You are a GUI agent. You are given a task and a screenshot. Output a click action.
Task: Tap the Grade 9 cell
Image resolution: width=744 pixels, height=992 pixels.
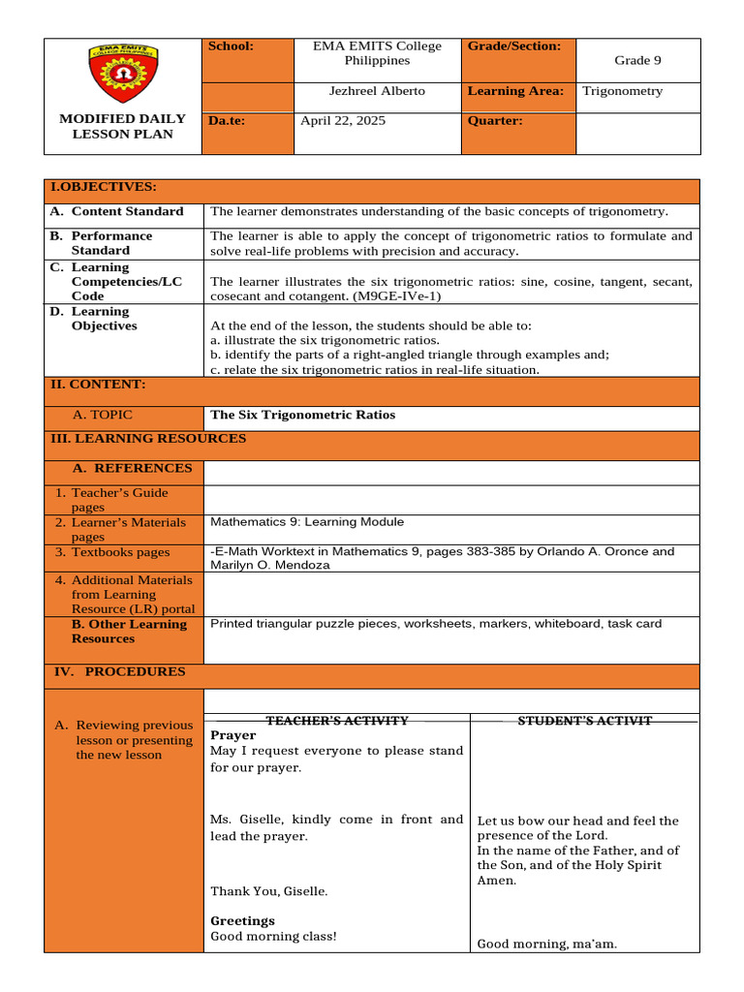tap(637, 60)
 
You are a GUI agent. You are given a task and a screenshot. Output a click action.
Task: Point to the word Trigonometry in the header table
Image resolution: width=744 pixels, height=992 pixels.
tap(623, 91)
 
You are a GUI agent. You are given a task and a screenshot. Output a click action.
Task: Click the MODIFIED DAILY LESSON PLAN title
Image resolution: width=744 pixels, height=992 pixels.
tap(122, 126)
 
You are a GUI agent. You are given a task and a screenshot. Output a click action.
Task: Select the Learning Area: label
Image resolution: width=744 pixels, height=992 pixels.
tap(515, 91)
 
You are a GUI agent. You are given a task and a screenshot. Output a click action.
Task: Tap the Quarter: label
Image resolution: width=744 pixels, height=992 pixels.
tap(495, 121)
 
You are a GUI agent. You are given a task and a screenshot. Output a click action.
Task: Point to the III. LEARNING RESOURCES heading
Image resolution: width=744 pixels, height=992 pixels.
tap(148, 439)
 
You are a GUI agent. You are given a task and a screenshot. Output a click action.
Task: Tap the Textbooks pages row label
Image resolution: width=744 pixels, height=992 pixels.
tap(120, 552)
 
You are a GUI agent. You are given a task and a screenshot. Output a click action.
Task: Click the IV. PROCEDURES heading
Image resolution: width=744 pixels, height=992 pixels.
tap(117, 671)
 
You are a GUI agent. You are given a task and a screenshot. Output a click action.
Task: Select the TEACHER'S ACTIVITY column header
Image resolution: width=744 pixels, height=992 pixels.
tap(337, 721)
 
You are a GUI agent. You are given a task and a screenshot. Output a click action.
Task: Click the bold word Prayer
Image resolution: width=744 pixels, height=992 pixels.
tap(232, 735)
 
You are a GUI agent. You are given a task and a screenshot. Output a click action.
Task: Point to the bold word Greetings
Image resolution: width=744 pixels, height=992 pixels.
tap(242, 920)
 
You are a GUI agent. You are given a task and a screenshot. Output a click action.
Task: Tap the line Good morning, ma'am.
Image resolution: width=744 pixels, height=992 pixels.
tap(547, 944)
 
